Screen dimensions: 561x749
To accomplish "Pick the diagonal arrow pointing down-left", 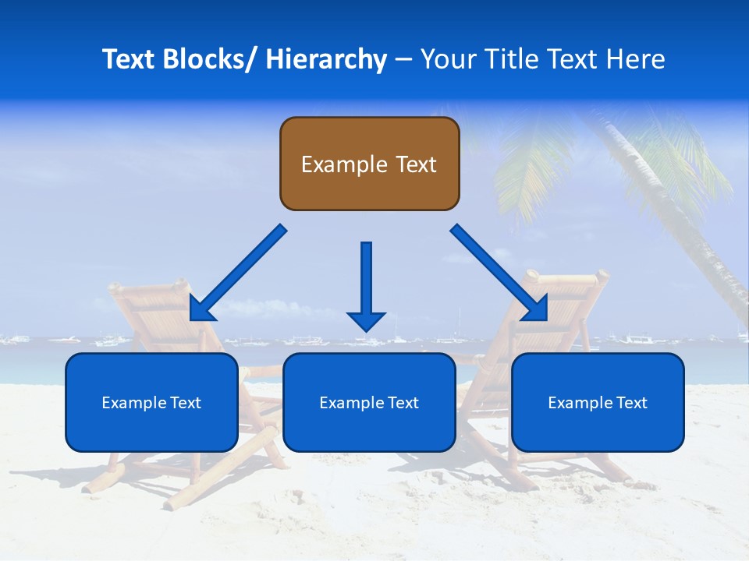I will coord(238,273).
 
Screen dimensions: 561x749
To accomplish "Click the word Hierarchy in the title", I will coord(326,59).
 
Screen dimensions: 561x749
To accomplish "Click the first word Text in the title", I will coord(130,59).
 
